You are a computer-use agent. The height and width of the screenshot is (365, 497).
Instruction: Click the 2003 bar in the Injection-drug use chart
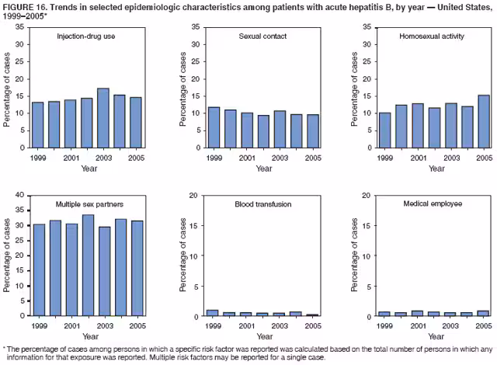[x=103, y=118]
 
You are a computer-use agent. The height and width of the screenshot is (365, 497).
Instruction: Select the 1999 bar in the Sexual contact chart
[x=213, y=127]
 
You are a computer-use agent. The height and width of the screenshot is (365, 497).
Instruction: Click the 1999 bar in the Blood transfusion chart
[x=213, y=313]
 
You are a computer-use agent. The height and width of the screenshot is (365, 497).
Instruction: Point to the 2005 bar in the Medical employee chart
[x=484, y=314]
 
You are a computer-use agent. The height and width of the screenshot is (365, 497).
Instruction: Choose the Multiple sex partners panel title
[x=89, y=205]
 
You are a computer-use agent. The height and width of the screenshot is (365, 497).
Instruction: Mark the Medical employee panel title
[x=433, y=205]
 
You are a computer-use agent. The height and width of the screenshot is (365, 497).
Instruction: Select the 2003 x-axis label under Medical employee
[x=451, y=325]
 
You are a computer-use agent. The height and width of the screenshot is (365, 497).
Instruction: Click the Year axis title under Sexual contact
[x=264, y=169]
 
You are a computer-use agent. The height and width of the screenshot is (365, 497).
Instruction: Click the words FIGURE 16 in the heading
[x=30, y=7]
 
